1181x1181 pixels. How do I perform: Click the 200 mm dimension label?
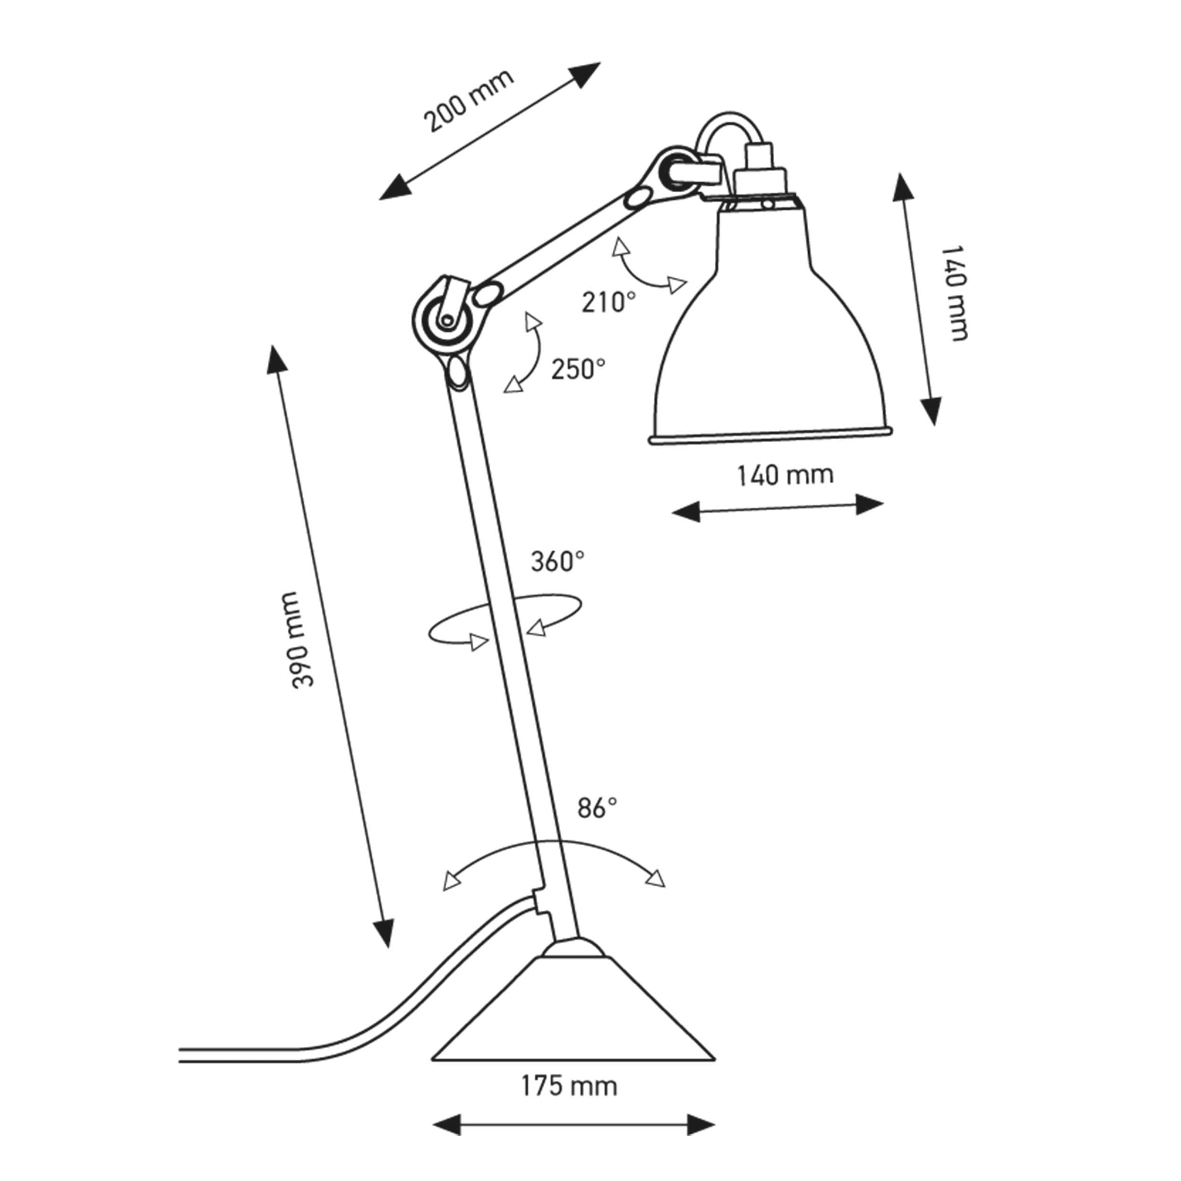(x=469, y=102)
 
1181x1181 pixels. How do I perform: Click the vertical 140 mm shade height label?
(x=954, y=293)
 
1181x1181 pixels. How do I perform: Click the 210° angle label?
(x=608, y=302)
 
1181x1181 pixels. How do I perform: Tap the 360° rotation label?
(x=557, y=562)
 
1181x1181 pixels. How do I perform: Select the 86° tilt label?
(x=597, y=808)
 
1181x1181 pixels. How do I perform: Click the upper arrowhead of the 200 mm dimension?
(x=587, y=73)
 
